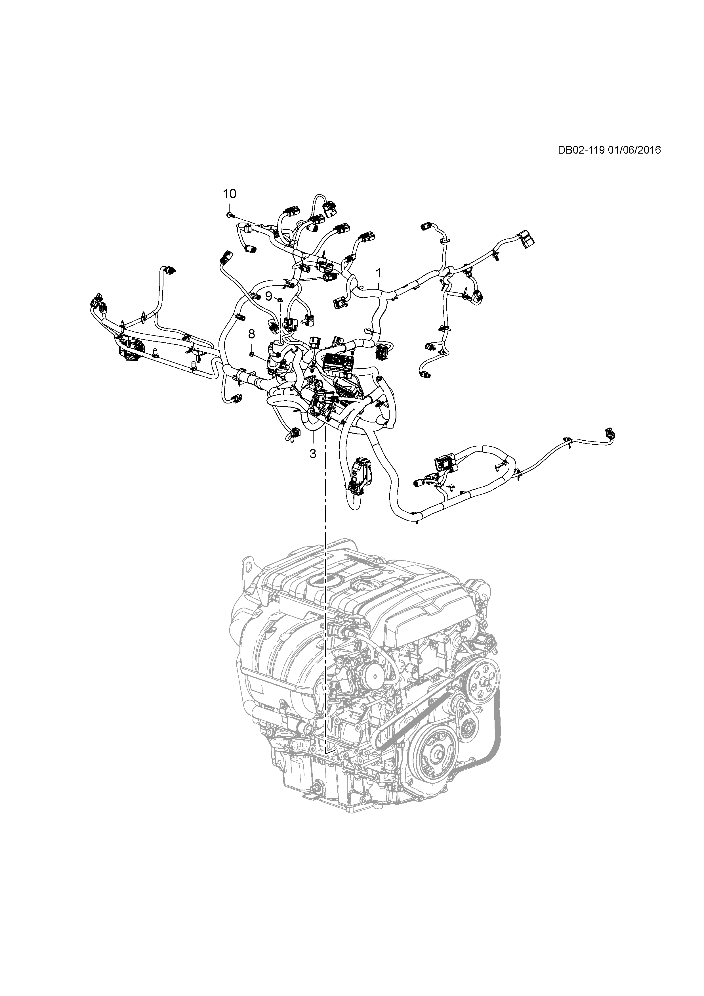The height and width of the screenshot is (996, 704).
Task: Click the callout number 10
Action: (230, 194)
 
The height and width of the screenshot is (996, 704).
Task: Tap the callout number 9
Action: (269, 296)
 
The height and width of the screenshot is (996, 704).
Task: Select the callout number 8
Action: (251, 334)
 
